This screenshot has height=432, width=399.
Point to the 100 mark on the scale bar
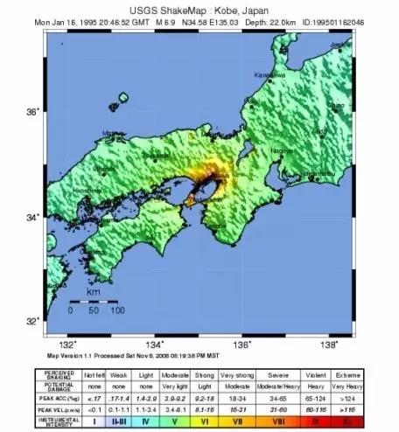[x=115, y=310]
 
